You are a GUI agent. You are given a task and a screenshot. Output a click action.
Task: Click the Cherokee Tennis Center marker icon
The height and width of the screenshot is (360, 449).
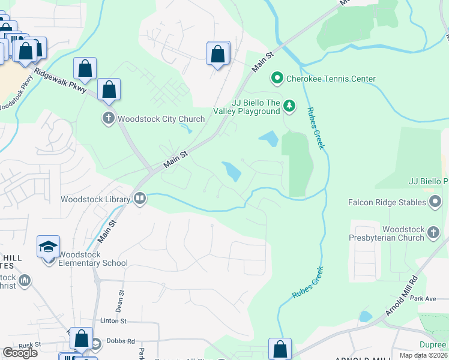(x=277, y=79)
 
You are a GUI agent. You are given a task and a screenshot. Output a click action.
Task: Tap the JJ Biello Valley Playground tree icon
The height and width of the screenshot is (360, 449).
(x=290, y=106)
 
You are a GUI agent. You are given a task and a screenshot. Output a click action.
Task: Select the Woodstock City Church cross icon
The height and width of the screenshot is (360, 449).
(x=108, y=118)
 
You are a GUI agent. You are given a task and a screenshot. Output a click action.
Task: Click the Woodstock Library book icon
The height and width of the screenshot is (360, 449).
(x=140, y=198)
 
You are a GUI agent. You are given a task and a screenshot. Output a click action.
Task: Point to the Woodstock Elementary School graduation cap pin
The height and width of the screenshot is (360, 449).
(x=48, y=247)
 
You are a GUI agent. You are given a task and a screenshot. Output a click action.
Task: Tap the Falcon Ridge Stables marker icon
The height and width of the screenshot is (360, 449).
(x=435, y=202)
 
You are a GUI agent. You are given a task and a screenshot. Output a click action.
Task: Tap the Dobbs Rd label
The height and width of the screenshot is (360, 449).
(x=122, y=341)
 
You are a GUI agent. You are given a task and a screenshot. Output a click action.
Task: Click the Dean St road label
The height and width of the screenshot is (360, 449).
(x=121, y=300)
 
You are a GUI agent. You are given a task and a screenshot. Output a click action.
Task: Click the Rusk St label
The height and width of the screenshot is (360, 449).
(x=29, y=344)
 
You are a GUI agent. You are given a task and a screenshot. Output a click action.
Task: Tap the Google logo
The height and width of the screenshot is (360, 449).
(x=20, y=353)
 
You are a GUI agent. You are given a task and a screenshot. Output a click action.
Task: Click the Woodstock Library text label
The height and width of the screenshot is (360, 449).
(x=95, y=199)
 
